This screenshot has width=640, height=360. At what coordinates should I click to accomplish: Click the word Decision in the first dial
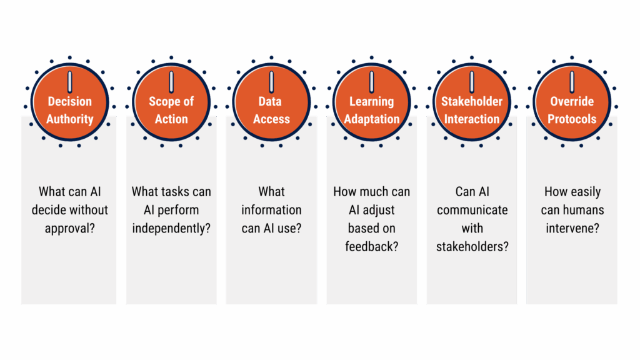tap(69, 101)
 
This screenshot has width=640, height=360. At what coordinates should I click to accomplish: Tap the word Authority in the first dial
tap(69, 119)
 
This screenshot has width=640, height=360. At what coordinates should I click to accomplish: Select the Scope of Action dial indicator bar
tap(171, 82)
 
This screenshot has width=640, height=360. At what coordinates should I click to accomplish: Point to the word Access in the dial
tap(271, 119)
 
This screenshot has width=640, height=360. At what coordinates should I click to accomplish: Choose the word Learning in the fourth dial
tap(371, 101)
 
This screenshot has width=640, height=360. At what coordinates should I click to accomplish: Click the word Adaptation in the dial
tap(371, 119)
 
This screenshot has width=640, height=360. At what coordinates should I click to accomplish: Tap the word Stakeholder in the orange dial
tap(472, 101)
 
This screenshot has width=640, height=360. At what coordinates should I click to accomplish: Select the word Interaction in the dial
tap(472, 119)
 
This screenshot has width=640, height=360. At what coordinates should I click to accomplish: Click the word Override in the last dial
tap(572, 101)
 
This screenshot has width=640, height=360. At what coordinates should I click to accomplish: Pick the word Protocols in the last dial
tap(572, 119)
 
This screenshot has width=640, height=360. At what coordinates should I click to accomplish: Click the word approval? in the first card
tap(69, 228)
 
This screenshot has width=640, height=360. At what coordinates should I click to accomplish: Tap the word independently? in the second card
tap(171, 228)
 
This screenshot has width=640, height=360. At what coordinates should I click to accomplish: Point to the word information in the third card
tap(271, 210)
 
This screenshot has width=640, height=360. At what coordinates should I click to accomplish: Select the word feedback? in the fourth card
tap(371, 246)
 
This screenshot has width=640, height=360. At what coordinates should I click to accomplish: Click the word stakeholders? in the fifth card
tap(472, 246)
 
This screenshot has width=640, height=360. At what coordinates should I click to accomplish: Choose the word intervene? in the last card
tap(572, 228)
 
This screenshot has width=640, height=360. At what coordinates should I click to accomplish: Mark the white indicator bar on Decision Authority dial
tap(70, 82)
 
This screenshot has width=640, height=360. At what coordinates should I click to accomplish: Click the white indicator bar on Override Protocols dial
tap(572, 82)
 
